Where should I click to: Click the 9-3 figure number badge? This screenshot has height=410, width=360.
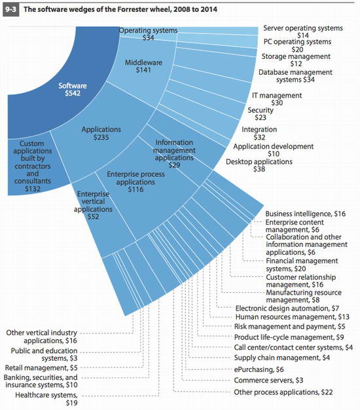11,10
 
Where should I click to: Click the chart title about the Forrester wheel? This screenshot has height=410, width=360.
120,9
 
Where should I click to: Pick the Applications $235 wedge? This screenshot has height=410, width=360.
102,134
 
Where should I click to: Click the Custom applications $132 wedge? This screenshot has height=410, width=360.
33,166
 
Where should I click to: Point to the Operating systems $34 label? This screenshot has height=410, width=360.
148,34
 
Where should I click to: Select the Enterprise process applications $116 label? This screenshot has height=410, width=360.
135,181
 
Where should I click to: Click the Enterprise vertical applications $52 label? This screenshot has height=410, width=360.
93,205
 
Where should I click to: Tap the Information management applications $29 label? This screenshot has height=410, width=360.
174,153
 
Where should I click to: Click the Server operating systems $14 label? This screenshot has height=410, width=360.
303,31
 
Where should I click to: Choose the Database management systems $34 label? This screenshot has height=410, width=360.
295,76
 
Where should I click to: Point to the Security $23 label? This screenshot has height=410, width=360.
261,114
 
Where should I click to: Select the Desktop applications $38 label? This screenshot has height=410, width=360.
259,165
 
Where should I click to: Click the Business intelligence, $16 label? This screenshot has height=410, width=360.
306,214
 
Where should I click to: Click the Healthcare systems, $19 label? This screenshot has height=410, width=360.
46,399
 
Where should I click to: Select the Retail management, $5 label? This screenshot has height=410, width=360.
41,367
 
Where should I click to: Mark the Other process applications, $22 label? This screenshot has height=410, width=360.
283,392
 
